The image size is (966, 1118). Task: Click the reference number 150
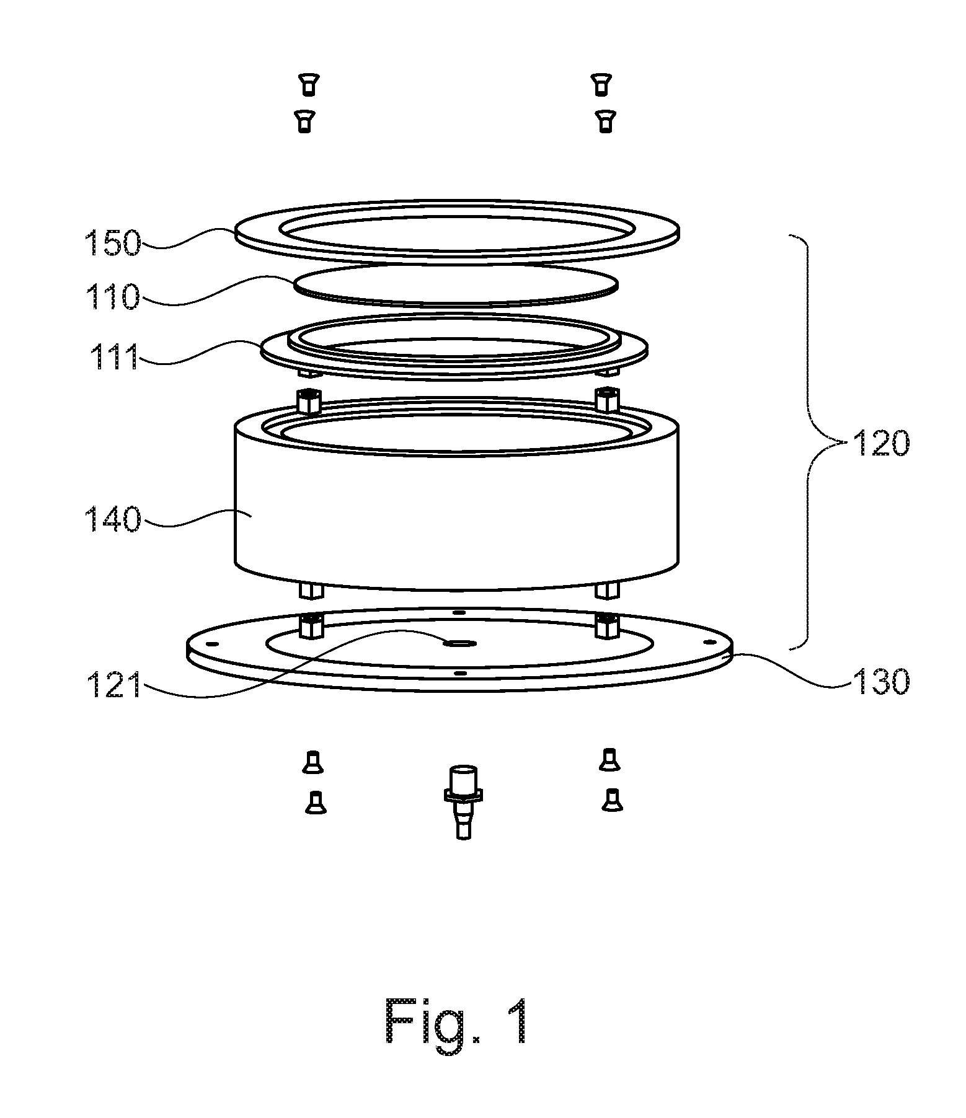[x=113, y=242]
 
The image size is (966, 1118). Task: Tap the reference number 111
[x=114, y=356]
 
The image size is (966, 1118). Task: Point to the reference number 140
[x=113, y=519]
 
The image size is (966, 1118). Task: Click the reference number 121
[x=113, y=686]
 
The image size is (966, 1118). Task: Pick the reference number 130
[x=880, y=682]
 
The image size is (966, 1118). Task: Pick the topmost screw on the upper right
[x=599, y=84]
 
